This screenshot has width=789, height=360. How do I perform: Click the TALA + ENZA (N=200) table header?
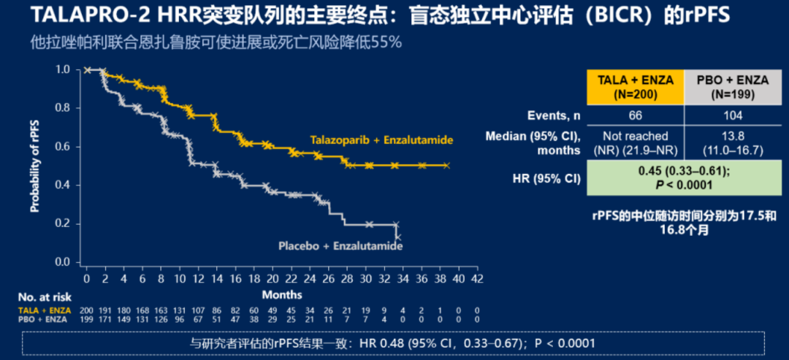click(x=636, y=87)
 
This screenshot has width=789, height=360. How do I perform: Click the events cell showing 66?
click(x=636, y=115)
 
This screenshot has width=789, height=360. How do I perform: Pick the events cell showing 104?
click(x=733, y=115)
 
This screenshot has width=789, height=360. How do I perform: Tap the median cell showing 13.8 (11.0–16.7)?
click(x=733, y=143)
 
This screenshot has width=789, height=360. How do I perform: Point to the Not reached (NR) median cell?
click(x=636, y=143)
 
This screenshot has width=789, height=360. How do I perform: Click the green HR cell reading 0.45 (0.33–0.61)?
click(x=684, y=178)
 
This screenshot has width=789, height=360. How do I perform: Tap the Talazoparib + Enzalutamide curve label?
click(x=381, y=139)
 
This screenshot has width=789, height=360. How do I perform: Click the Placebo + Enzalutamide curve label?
click(x=340, y=247)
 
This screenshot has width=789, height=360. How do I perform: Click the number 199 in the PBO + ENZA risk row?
click(x=86, y=319)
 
